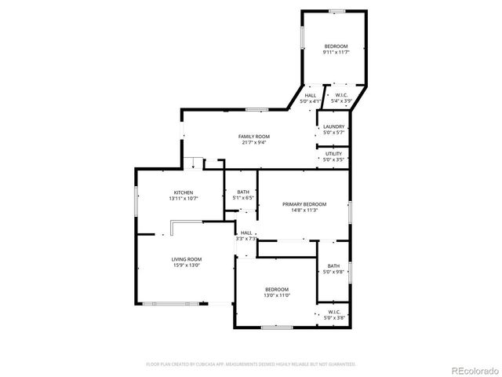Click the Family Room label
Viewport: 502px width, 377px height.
pos(254,137)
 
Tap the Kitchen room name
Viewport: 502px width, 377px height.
pos(184,192)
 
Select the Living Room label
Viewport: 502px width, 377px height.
pos(187,259)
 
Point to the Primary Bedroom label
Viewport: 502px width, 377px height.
pos(304,204)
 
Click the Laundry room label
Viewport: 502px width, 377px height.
pos(334,126)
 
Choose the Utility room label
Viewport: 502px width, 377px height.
pos(333,154)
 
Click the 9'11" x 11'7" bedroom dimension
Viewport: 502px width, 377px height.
pos(336,53)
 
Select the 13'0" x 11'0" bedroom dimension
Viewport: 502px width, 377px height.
pos(276,295)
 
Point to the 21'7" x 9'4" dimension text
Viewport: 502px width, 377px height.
pos(254,142)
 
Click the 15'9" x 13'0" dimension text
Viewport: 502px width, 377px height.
pos(187,265)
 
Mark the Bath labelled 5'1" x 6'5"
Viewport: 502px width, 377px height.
pos(242,192)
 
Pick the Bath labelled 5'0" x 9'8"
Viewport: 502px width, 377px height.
pos(334,265)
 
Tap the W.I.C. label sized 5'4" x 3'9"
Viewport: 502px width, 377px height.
pos(341,96)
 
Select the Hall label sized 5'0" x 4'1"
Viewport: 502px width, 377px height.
pos(311,96)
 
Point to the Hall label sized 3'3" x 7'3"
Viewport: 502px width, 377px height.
pos(246,232)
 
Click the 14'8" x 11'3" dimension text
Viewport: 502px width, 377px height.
pos(304,210)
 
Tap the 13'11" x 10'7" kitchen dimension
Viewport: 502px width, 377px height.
pos(184,198)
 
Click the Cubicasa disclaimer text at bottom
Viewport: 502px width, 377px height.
pos(251,364)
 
